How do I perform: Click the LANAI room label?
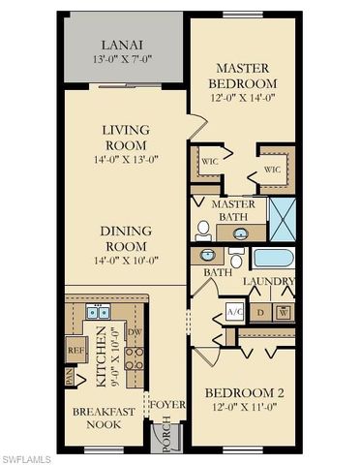pos(124,46)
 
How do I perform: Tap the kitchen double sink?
pos(98,312)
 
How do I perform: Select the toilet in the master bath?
pos(203,230)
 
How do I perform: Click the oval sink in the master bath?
pos(239,232)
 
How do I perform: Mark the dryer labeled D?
pos(260,312)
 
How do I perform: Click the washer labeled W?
pos(283,312)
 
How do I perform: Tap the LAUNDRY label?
pos(269,282)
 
